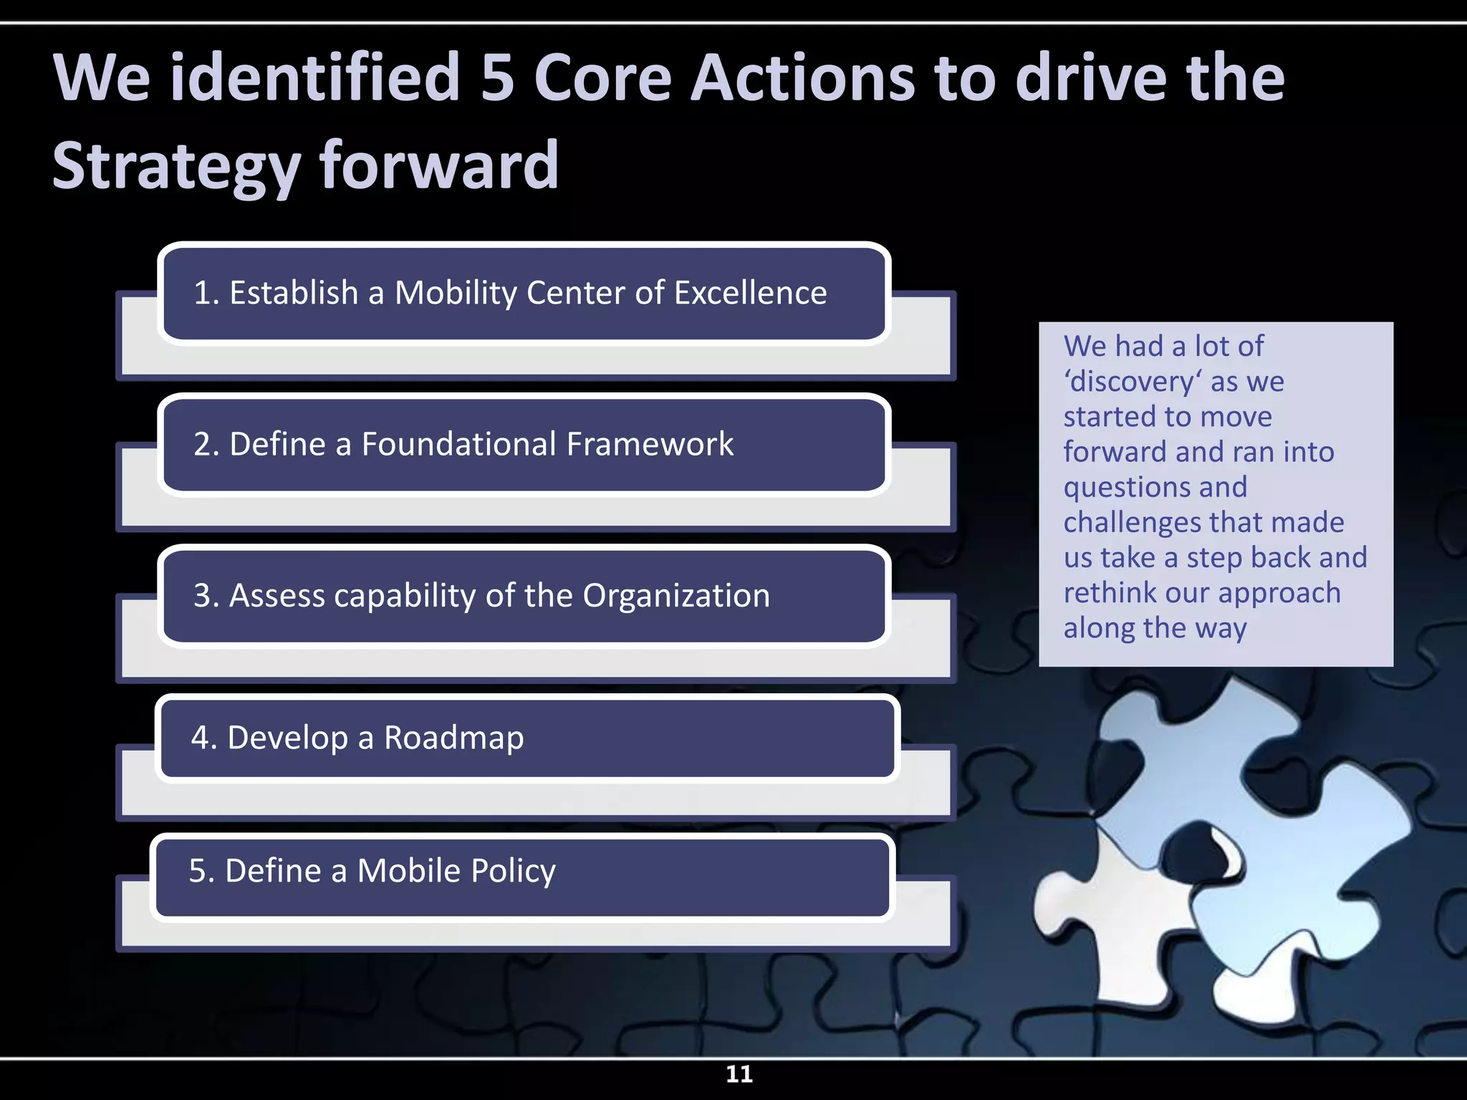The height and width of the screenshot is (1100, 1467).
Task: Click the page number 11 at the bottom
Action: [739, 1074]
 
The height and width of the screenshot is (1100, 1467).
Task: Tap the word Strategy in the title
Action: [176, 166]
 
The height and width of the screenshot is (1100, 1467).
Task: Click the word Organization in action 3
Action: [675, 596]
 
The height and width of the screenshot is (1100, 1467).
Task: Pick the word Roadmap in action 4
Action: [453, 738]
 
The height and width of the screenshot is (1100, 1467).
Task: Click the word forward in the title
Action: [438, 166]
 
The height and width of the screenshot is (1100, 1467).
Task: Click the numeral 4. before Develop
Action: [203, 738]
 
